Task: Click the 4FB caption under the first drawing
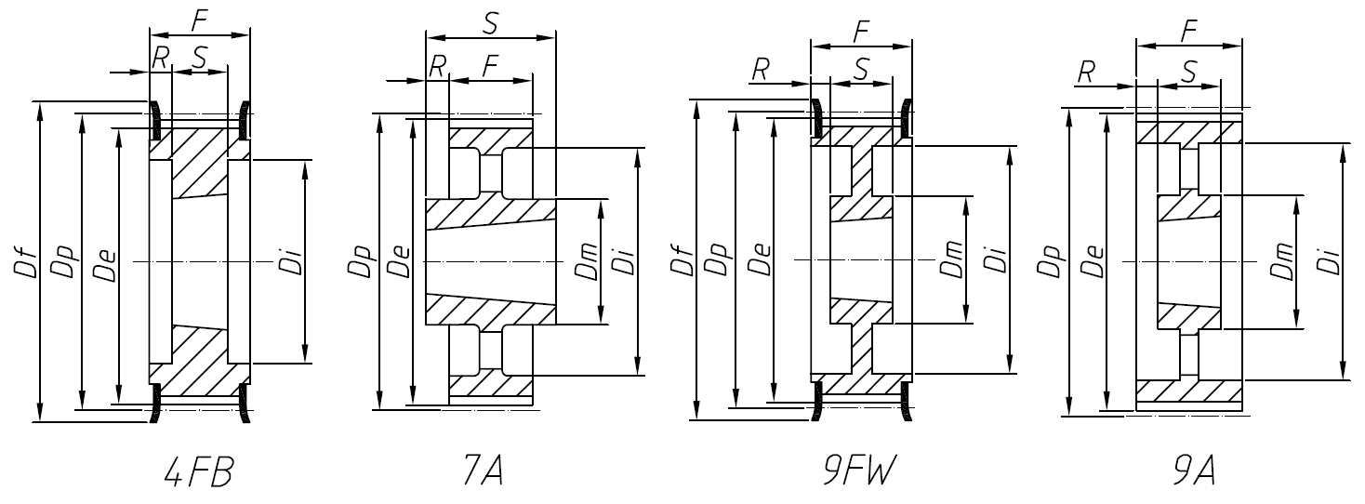[197, 472]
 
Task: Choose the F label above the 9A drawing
[1187, 30]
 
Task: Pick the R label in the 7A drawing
[437, 65]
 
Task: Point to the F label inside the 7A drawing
[491, 66]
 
